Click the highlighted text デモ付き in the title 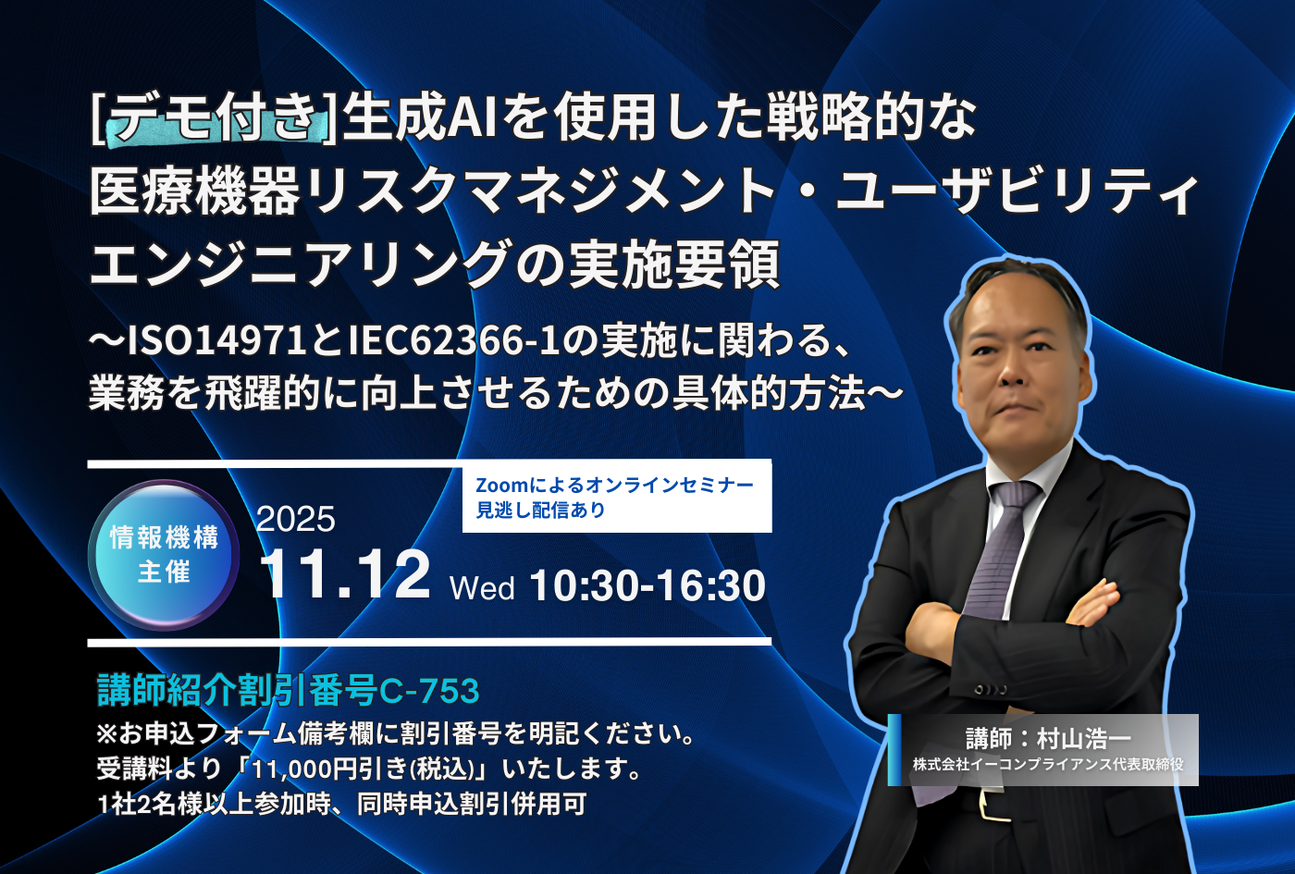pos(214,119)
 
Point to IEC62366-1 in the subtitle pos(454,341)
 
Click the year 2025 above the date pos(295,519)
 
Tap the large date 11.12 pos(346,575)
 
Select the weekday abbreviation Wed pos(482,588)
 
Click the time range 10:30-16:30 pos(647,586)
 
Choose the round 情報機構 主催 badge pos(164,554)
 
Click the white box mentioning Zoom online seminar pos(617,496)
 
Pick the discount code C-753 pos(429,691)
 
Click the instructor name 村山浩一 pos(1084,738)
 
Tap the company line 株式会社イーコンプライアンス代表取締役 pos(1048,764)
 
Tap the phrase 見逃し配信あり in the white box pos(540,510)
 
